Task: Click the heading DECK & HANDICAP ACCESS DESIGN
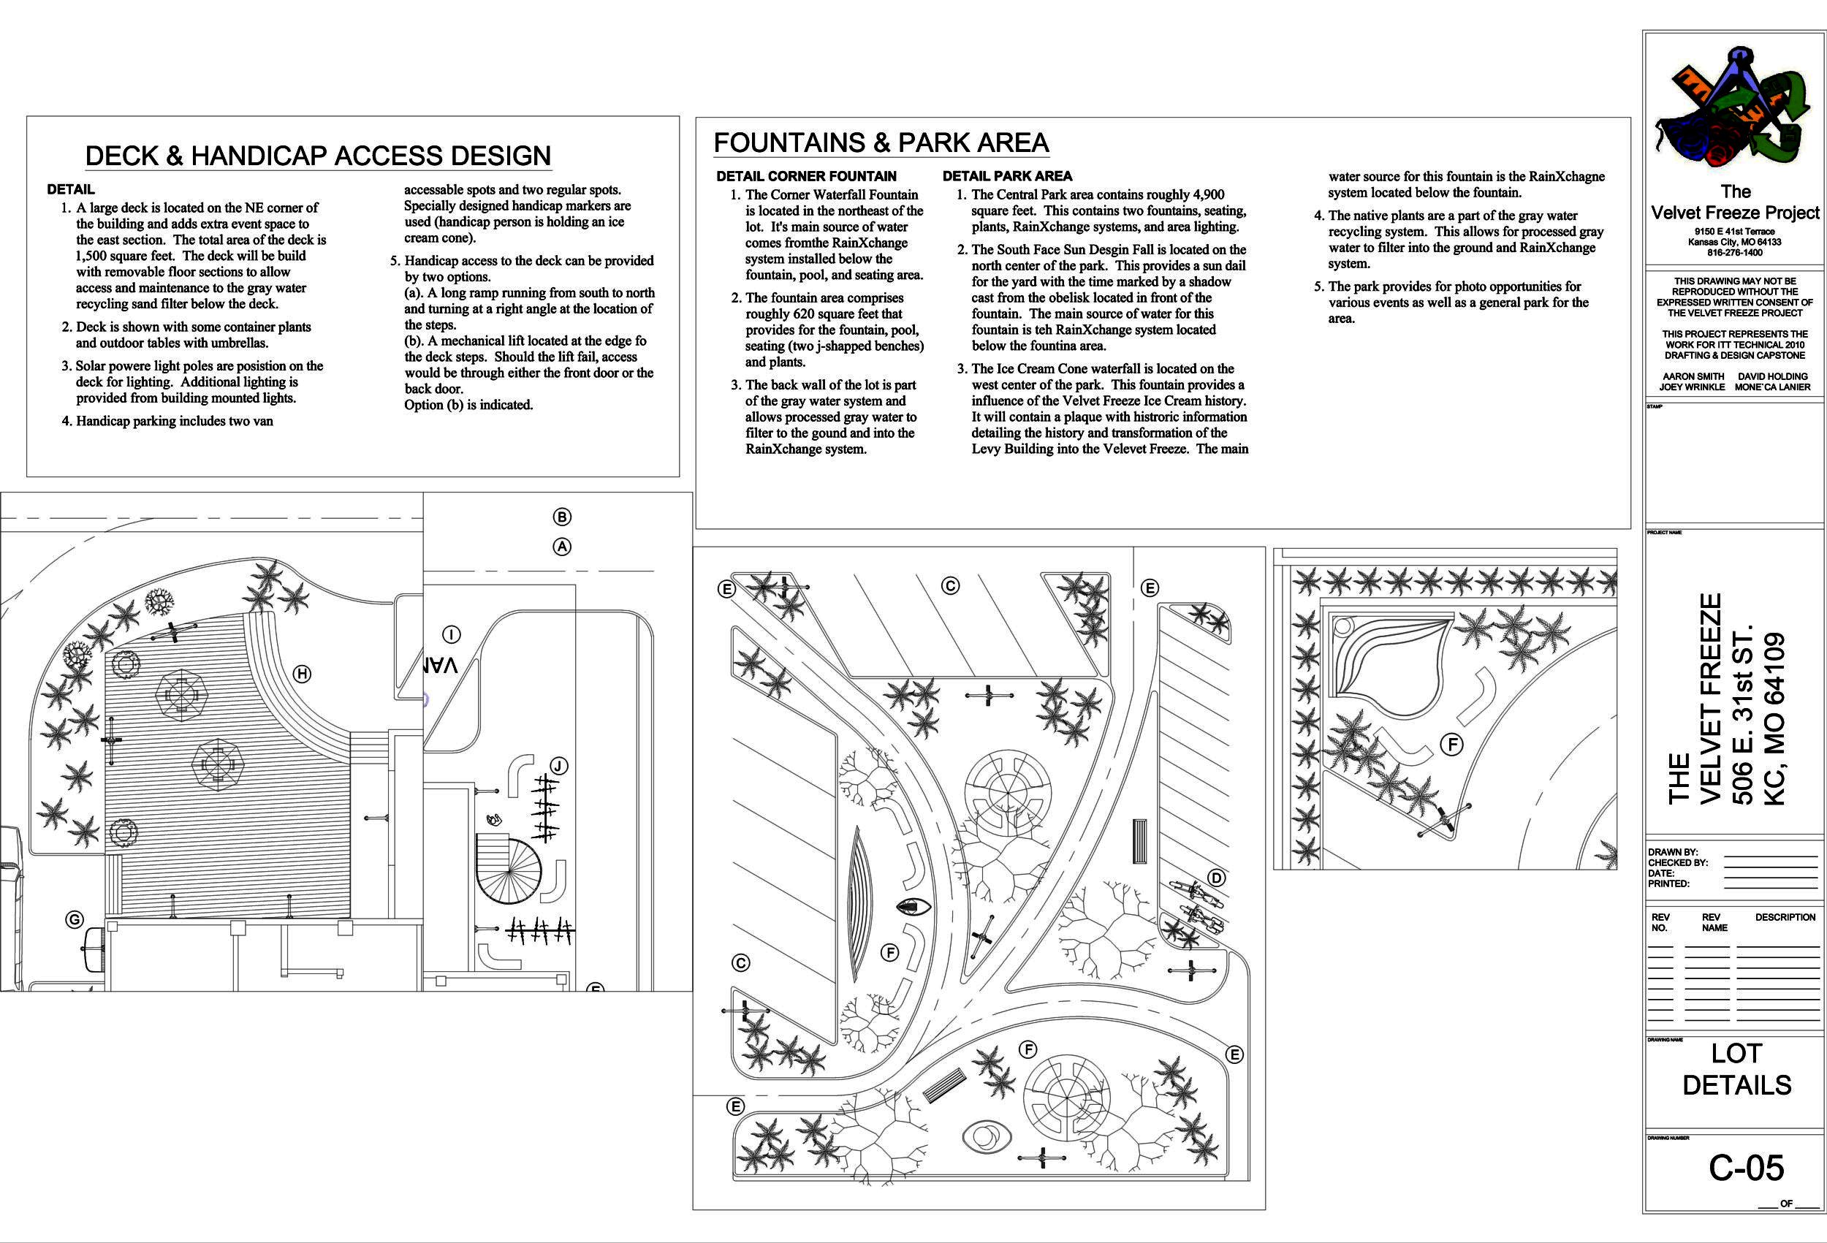[318, 156]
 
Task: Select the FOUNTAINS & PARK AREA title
[881, 142]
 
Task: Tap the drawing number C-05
[1746, 1168]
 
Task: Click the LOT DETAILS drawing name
[1736, 1069]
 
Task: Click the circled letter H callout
[302, 674]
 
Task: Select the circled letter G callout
[74, 919]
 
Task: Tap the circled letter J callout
[558, 766]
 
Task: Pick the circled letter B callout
[561, 517]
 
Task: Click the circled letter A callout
[561, 547]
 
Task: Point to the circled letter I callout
[451, 634]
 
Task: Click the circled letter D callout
[1216, 878]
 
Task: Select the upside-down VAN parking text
[438, 665]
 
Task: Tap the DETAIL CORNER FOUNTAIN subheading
[806, 176]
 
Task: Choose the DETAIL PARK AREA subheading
[1007, 176]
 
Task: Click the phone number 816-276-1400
[1734, 252]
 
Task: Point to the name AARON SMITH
[1693, 376]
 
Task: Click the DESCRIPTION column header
[1785, 918]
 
